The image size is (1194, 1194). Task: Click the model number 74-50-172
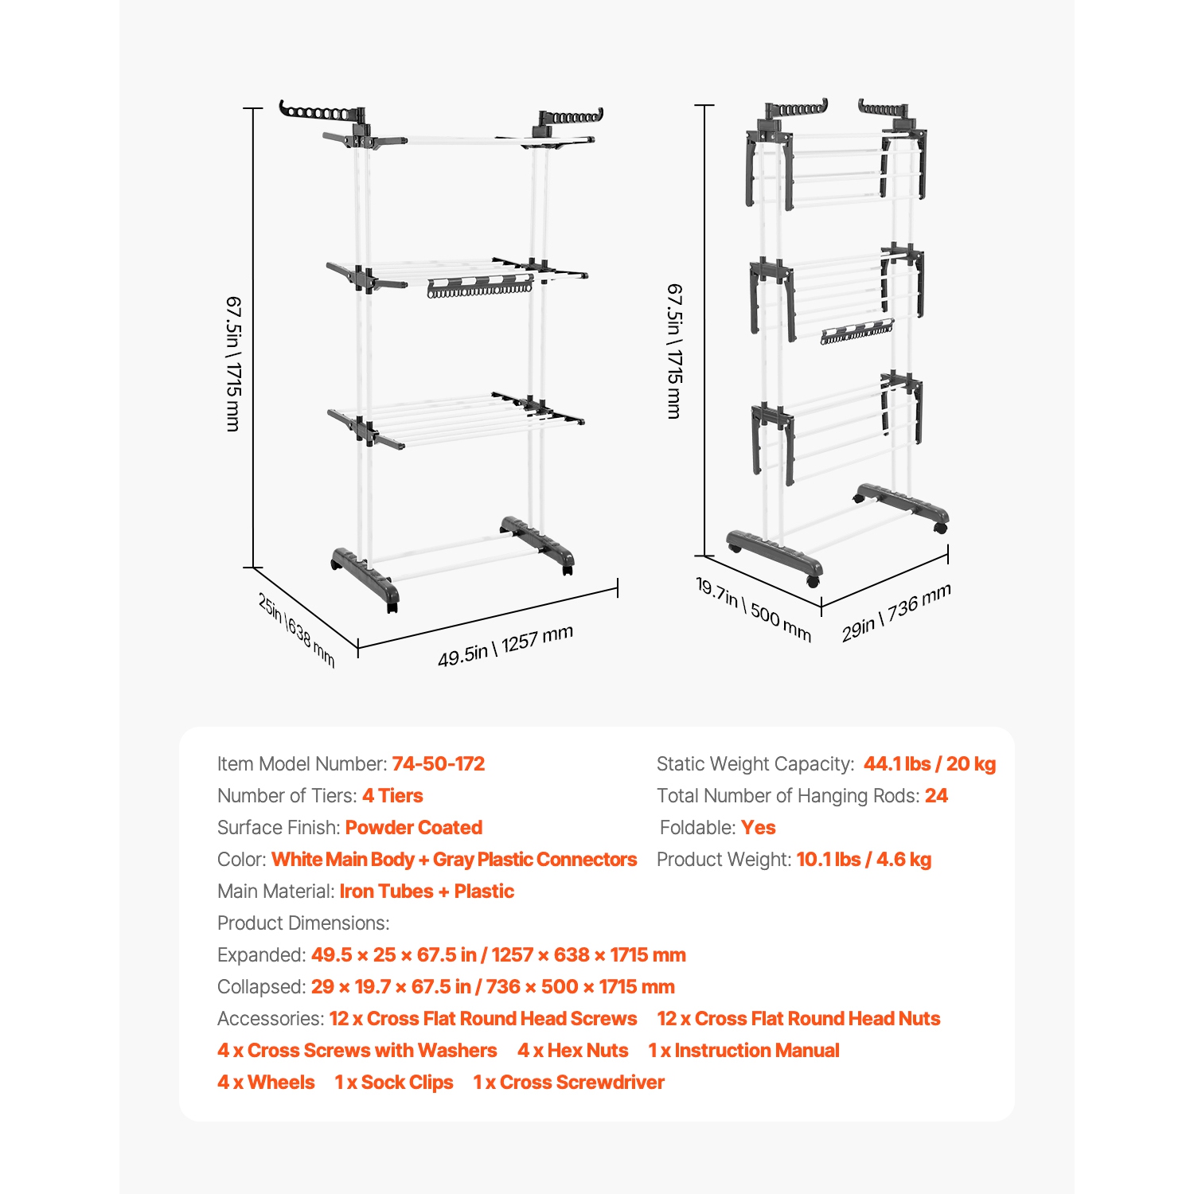point(438,764)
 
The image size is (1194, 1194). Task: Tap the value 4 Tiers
point(392,796)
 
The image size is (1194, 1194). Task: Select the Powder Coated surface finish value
point(414,828)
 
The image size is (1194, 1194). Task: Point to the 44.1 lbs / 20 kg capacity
point(930,764)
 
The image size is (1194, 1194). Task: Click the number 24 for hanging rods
point(936,796)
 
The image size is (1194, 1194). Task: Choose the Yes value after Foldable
point(758,828)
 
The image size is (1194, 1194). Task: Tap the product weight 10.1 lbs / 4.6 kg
point(864,860)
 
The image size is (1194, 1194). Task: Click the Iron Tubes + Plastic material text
point(427,892)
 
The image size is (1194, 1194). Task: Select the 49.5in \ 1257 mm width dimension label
point(505,646)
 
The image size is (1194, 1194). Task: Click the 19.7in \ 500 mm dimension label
point(754,610)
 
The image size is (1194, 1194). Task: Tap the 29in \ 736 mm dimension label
point(896,613)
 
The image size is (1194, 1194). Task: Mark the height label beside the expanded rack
point(233,364)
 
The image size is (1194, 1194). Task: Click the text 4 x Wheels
point(266,1083)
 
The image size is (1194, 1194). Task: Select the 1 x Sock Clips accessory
point(394,1083)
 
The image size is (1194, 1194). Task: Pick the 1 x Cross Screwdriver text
point(568,1083)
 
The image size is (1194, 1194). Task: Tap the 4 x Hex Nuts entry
point(573,1051)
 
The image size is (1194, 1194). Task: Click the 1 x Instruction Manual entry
point(744,1051)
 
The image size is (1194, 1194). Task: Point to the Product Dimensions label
point(303,923)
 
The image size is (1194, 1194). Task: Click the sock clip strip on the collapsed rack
point(856,332)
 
